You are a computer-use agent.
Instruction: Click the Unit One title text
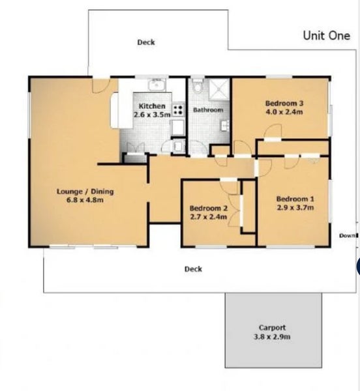tap(326, 36)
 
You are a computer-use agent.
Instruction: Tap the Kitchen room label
tap(152, 106)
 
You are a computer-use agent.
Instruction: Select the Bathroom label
tap(208, 110)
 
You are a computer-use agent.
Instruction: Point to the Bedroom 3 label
tap(284, 103)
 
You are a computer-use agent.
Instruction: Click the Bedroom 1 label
tap(295, 199)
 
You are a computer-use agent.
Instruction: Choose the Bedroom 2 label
tap(209, 209)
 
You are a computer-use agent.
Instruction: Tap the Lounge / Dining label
tap(85, 192)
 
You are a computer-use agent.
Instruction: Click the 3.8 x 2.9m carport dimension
tap(272, 337)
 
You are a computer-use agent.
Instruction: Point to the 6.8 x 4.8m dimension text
tap(85, 200)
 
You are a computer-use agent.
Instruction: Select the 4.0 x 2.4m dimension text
tap(284, 111)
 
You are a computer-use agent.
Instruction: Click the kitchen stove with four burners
tap(179, 110)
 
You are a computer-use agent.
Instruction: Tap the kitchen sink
tap(158, 85)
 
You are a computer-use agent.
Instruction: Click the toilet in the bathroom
tap(198, 86)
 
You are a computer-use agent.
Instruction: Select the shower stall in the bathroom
tap(218, 89)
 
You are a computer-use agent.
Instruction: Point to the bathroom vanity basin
tap(225, 125)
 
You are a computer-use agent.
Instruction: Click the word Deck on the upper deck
tap(146, 42)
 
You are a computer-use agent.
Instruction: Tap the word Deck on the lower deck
tap(193, 269)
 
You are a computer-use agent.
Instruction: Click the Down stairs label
tap(348, 235)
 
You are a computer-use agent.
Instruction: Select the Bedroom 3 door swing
tap(273, 130)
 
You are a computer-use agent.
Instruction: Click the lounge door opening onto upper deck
tap(101, 86)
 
